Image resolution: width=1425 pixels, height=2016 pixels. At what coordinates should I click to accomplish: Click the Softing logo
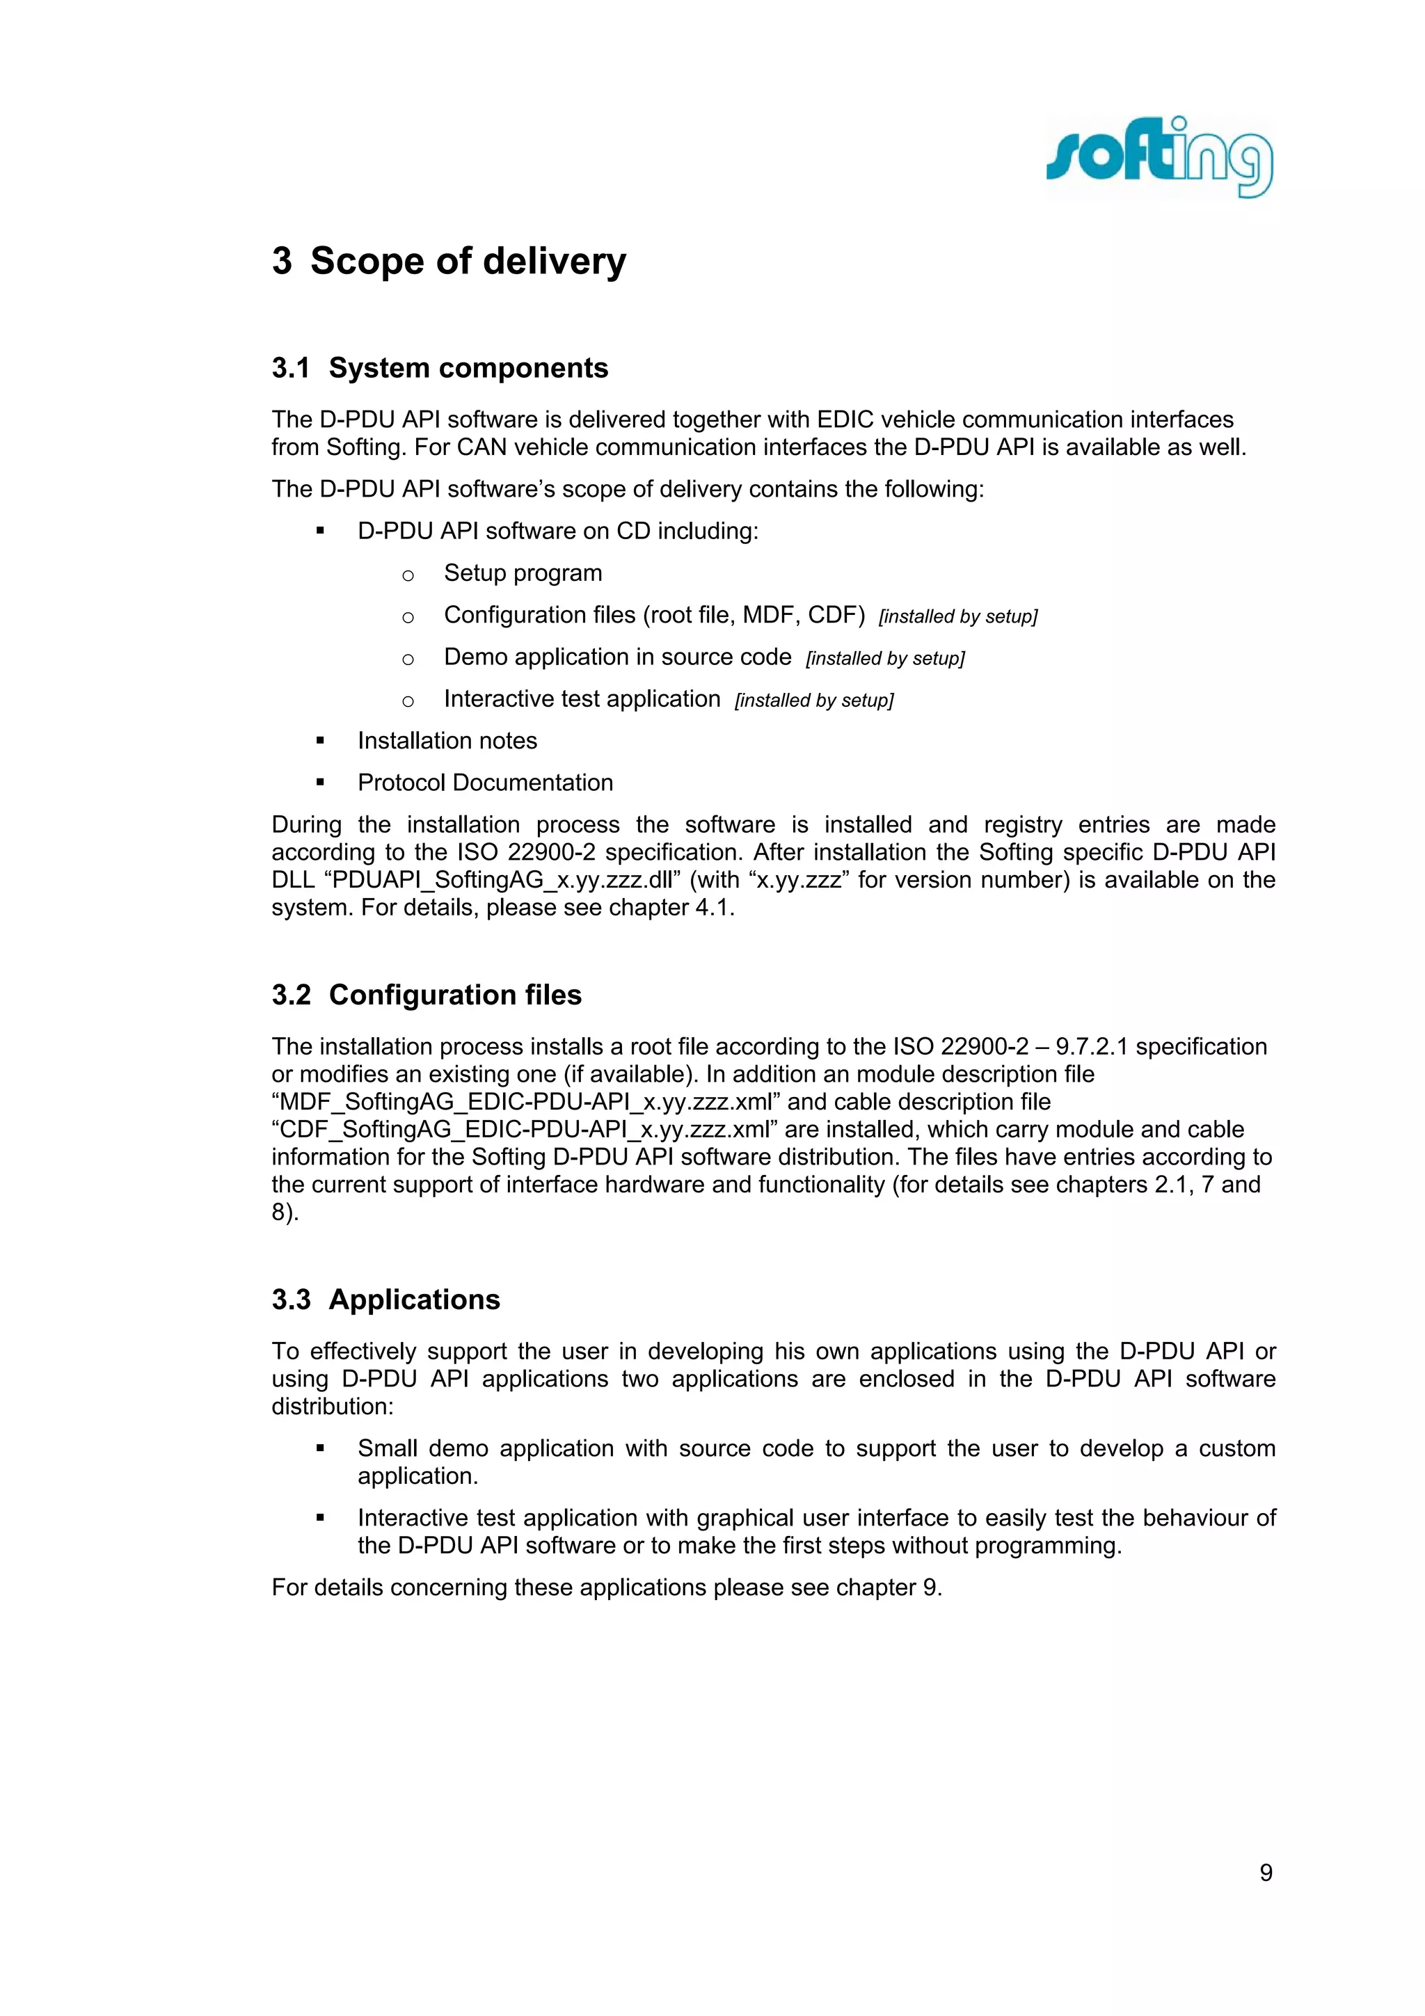[x=1159, y=158]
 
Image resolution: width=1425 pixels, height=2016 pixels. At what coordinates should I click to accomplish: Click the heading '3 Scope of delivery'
[x=449, y=262]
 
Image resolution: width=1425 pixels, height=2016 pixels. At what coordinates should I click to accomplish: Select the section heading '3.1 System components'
[x=440, y=368]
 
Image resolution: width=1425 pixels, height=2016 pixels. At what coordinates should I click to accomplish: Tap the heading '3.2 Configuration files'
[x=427, y=995]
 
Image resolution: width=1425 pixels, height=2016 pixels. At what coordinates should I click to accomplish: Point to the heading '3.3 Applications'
[x=385, y=1299]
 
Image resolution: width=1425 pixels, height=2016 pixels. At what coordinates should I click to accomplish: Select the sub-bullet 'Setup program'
[x=523, y=573]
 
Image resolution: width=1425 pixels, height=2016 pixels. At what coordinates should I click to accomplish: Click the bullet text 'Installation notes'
[x=447, y=741]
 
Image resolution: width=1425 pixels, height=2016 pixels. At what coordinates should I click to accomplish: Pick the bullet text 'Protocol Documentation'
[x=485, y=783]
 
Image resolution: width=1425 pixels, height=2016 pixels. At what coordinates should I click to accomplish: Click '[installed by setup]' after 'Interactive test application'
[x=814, y=701]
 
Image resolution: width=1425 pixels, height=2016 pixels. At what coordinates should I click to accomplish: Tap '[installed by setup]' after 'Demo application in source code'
[x=885, y=659]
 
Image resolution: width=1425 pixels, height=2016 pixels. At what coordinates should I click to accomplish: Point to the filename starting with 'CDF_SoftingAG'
[x=524, y=1129]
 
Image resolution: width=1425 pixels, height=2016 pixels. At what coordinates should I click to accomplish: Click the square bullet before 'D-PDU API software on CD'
[x=321, y=531]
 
